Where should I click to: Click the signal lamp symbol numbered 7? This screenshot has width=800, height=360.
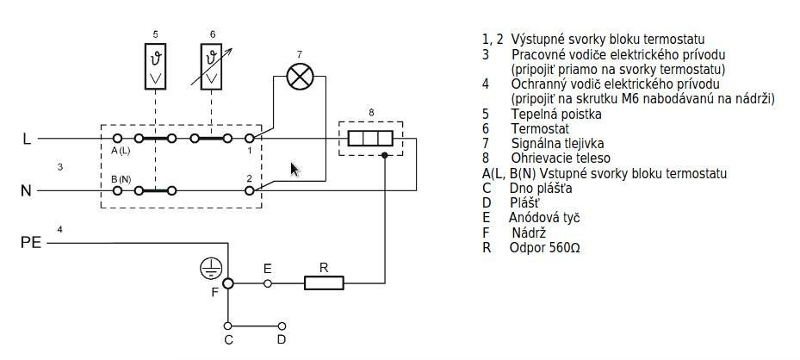(300, 77)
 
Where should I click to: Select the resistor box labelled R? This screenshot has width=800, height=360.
(324, 283)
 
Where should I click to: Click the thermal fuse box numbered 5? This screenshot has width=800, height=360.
(155, 66)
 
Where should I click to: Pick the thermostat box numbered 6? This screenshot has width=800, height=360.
(211, 66)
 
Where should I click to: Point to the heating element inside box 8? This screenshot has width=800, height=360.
(370, 138)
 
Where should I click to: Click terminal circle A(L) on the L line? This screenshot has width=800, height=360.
(117, 138)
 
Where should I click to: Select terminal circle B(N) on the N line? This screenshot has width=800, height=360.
(117, 190)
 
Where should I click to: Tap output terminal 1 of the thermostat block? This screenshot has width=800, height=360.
(250, 138)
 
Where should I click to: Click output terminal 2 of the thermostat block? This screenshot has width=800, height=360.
(250, 190)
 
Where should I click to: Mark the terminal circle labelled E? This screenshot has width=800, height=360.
(267, 283)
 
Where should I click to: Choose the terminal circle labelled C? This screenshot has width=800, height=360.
(228, 326)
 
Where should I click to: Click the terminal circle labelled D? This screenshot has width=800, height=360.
(282, 326)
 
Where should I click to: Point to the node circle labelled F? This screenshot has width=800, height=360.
(228, 283)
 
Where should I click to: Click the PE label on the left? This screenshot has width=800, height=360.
(31, 243)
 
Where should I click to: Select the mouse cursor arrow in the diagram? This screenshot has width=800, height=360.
(295, 170)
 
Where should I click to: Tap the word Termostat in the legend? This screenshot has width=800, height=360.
(540, 129)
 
